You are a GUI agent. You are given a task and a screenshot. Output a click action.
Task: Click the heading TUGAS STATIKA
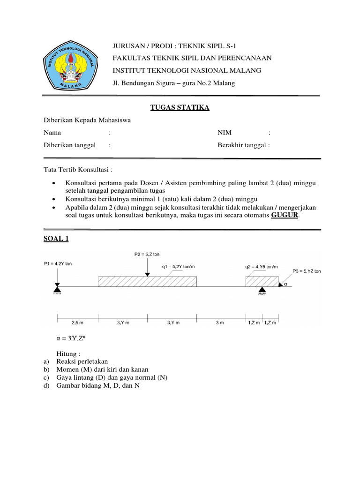click(x=180, y=108)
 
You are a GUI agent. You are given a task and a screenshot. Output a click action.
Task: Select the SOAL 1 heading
click(x=56, y=239)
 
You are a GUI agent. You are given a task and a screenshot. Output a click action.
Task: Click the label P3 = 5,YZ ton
click(x=307, y=271)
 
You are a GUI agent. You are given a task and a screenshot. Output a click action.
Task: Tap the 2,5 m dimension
click(x=78, y=322)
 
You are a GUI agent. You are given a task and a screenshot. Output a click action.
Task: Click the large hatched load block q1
click(x=147, y=281)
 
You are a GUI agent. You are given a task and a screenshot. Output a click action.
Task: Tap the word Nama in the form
click(x=52, y=133)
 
